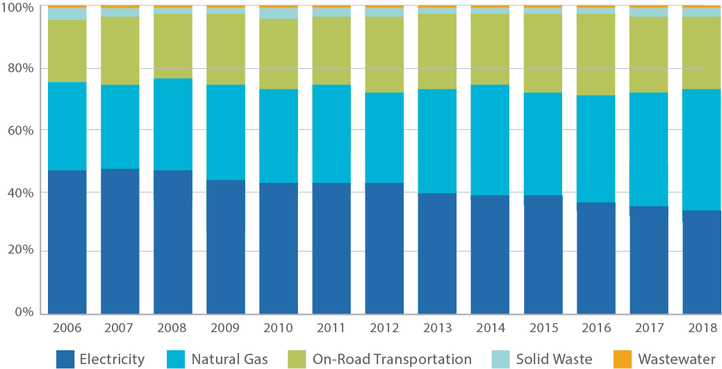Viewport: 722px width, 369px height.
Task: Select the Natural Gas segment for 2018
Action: tap(701, 149)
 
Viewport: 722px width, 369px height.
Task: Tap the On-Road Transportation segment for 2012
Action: tap(384, 54)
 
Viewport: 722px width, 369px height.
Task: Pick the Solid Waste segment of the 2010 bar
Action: tap(279, 13)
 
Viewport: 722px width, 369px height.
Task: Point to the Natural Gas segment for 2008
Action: tap(173, 124)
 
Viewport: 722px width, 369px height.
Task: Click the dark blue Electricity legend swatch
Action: tap(65, 359)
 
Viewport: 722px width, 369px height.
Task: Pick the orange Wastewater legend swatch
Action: tap(622, 359)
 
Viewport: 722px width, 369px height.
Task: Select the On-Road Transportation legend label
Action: tap(392, 359)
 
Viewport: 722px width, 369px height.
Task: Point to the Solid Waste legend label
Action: tap(554, 359)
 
